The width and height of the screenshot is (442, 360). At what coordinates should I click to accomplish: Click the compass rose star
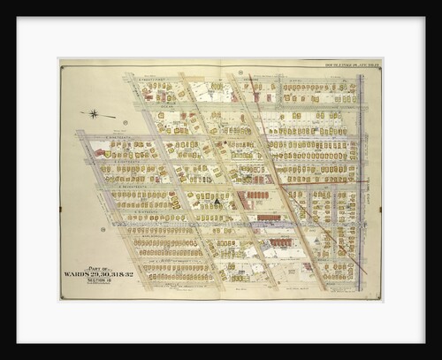95,113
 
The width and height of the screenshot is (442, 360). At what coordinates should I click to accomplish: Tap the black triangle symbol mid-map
215,202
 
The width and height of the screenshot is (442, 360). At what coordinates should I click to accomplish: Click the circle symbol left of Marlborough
103,229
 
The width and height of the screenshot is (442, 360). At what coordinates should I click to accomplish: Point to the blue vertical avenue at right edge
361,177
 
